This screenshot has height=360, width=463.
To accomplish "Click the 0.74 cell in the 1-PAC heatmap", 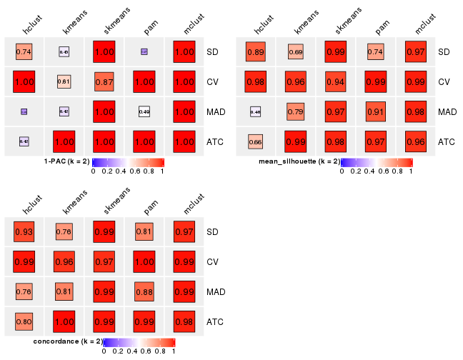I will (24, 52).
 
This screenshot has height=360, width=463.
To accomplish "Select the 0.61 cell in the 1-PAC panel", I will (64, 82).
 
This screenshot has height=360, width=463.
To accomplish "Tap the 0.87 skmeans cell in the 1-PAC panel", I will (104, 82).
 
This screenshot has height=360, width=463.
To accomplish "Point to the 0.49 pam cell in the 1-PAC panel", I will (144, 112).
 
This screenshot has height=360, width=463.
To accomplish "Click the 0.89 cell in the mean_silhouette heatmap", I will (256, 52).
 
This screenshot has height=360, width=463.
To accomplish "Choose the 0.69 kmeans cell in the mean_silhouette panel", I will (296, 52).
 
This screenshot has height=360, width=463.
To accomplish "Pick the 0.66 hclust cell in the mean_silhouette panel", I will (256, 142).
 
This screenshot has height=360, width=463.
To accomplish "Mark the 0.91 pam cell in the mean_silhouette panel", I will (376, 112).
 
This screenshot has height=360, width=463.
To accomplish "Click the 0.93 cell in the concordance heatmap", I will (24, 232).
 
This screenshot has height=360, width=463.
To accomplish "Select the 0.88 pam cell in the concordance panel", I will (144, 292).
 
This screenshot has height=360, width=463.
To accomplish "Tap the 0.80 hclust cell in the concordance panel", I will (24, 322).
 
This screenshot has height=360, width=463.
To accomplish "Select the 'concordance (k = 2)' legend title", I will (68, 341).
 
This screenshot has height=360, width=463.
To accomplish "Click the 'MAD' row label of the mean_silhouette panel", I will (447, 112).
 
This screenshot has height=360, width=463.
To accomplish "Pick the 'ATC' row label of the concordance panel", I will (215, 322).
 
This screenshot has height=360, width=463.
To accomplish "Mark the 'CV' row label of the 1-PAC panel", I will (213, 82).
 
